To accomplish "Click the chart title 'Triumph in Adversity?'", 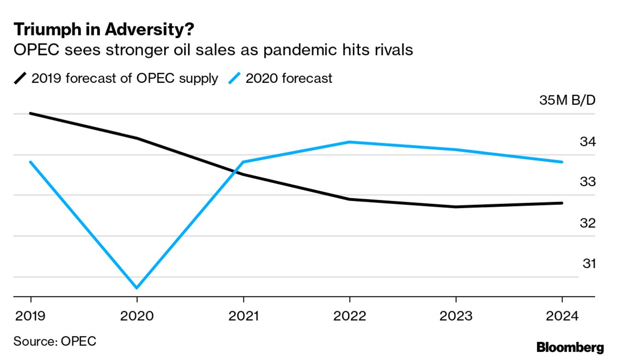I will (x=104, y=30).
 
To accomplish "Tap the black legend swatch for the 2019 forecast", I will (x=21, y=78).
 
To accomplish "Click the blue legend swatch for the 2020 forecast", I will (x=235, y=78).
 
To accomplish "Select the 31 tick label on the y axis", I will (x=589, y=264).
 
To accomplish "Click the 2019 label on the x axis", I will (x=31, y=316).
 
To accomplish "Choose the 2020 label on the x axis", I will (x=137, y=316).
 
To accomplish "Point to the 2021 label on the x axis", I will (x=244, y=316).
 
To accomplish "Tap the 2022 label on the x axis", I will (x=350, y=316).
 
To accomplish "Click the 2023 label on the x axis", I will (x=456, y=316).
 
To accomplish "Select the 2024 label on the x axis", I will (x=562, y=316).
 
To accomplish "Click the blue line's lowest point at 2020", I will (x=137, y=288).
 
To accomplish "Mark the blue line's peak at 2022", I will (x=350, y=142).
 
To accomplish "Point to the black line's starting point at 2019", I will (x=31, y=113).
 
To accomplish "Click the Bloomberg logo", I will (x=570, y=348).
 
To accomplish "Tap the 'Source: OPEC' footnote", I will (x=55, y=341).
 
